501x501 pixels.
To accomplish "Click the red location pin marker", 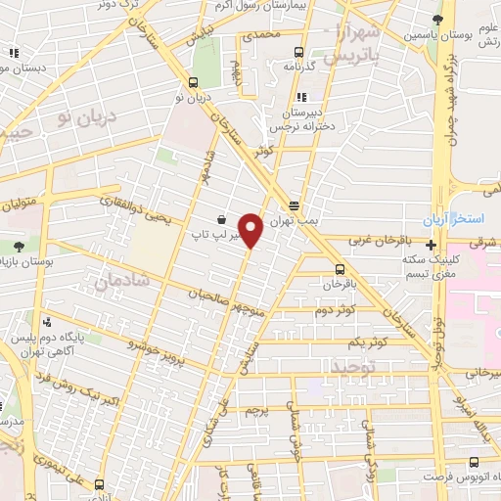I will tap(251, 230).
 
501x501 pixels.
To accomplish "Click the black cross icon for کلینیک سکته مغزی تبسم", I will tap(432, 244).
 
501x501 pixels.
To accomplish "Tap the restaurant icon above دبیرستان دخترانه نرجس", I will tap(301, 97).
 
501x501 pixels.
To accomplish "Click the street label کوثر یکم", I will tap(371, 340).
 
